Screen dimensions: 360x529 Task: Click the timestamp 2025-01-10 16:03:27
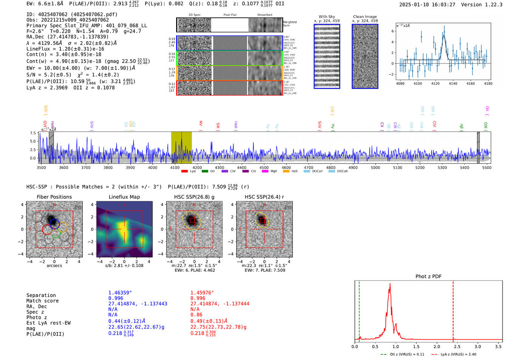coord(427,5)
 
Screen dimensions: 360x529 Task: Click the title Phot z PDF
coord(428,277)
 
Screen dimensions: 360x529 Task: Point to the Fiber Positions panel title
coord(54,197)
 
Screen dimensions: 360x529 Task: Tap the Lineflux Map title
coord(124,197)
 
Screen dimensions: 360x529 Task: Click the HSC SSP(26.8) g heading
coord(194,197)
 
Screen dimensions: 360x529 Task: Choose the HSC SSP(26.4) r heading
coord(264,197)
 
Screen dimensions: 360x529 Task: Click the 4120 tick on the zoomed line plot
coord(435,83)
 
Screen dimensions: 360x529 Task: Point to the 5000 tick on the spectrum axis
coord(375,168)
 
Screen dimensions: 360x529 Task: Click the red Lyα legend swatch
coord(184,171)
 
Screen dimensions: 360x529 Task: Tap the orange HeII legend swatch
coord(286,171)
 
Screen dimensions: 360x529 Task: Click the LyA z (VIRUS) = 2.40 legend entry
coord(458,354)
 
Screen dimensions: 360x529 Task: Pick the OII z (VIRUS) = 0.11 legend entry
coord(407,354)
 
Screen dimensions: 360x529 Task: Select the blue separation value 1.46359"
coord(120,293)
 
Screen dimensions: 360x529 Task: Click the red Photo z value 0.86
coord(196,315)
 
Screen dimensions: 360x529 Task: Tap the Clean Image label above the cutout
coord(365,17)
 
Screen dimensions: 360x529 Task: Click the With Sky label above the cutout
coord(326,17)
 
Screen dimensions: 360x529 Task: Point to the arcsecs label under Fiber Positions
coord(54,266)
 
